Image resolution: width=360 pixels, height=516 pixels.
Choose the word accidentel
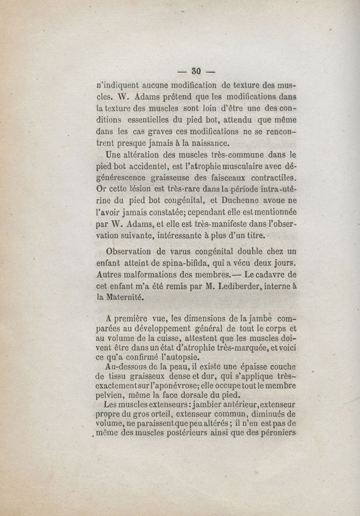tap(138, 166)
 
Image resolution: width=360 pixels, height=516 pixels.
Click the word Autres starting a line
tap(110, 274)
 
